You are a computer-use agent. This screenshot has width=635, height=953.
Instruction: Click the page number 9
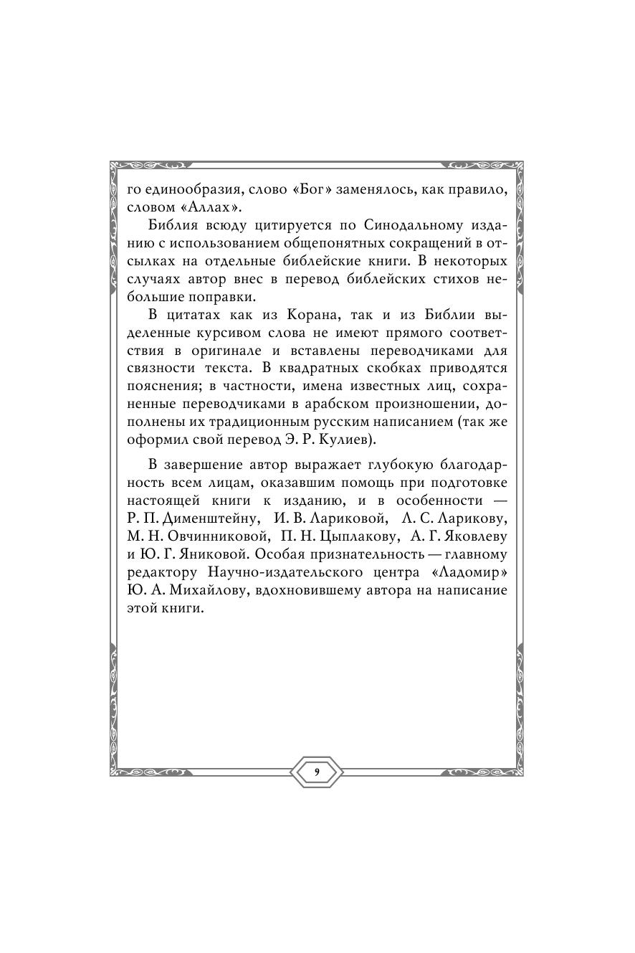pos(317,772)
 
